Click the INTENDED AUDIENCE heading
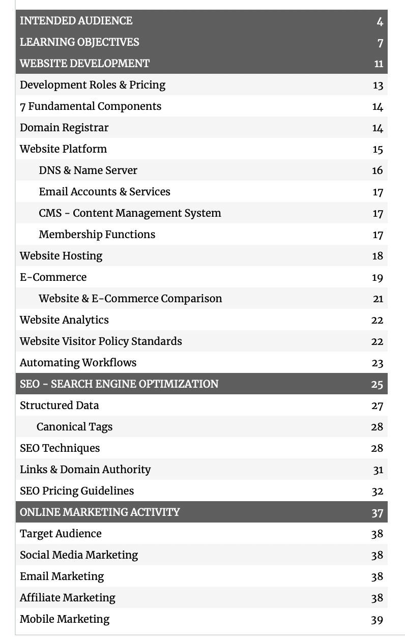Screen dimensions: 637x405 76,21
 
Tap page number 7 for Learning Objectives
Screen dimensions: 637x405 380,43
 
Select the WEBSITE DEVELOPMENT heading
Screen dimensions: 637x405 84,64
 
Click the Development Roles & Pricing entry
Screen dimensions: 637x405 93,85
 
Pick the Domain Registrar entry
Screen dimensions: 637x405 64,128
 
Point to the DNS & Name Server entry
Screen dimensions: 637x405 88,170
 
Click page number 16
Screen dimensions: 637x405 377,170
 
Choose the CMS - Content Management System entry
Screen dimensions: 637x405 130,213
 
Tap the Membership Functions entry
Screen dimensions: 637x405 97,235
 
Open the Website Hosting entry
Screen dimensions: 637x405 61,256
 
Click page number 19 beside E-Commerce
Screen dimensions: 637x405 377,278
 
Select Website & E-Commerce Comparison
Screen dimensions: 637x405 130,299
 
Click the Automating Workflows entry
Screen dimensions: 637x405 78,363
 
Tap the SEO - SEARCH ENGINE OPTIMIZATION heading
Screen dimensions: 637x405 119,384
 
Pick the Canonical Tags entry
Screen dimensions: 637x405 74,427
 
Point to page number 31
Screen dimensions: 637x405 378,470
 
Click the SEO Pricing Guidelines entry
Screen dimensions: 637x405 77,491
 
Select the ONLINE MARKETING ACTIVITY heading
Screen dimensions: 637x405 100,512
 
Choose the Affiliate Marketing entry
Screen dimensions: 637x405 68,598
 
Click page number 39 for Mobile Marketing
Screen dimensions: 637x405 377,620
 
